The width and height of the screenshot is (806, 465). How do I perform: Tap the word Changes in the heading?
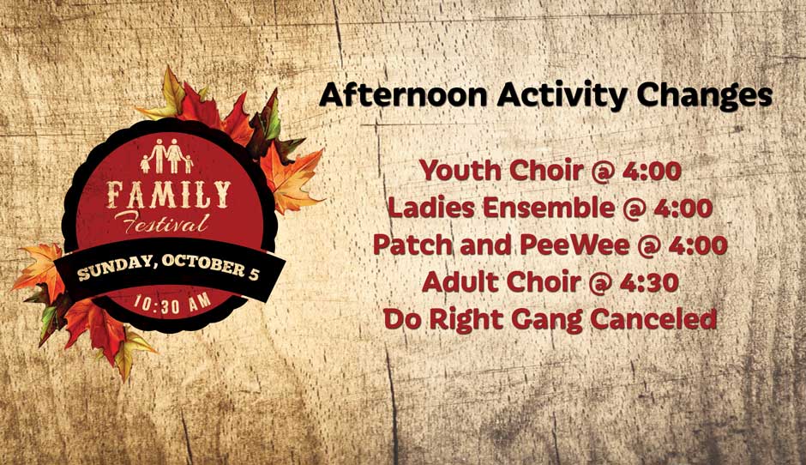coord(704,97)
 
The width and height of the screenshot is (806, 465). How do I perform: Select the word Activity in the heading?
coord(562,97)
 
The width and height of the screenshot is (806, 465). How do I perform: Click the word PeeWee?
coord(574,245)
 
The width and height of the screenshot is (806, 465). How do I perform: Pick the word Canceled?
coord(653,319)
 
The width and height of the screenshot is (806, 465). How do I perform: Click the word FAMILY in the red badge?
coord(169,195)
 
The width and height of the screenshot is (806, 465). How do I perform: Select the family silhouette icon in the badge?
coord(167,156)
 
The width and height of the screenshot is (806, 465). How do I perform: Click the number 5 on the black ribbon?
coord(254,274)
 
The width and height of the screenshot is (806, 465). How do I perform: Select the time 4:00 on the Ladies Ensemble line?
coord(683,208)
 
